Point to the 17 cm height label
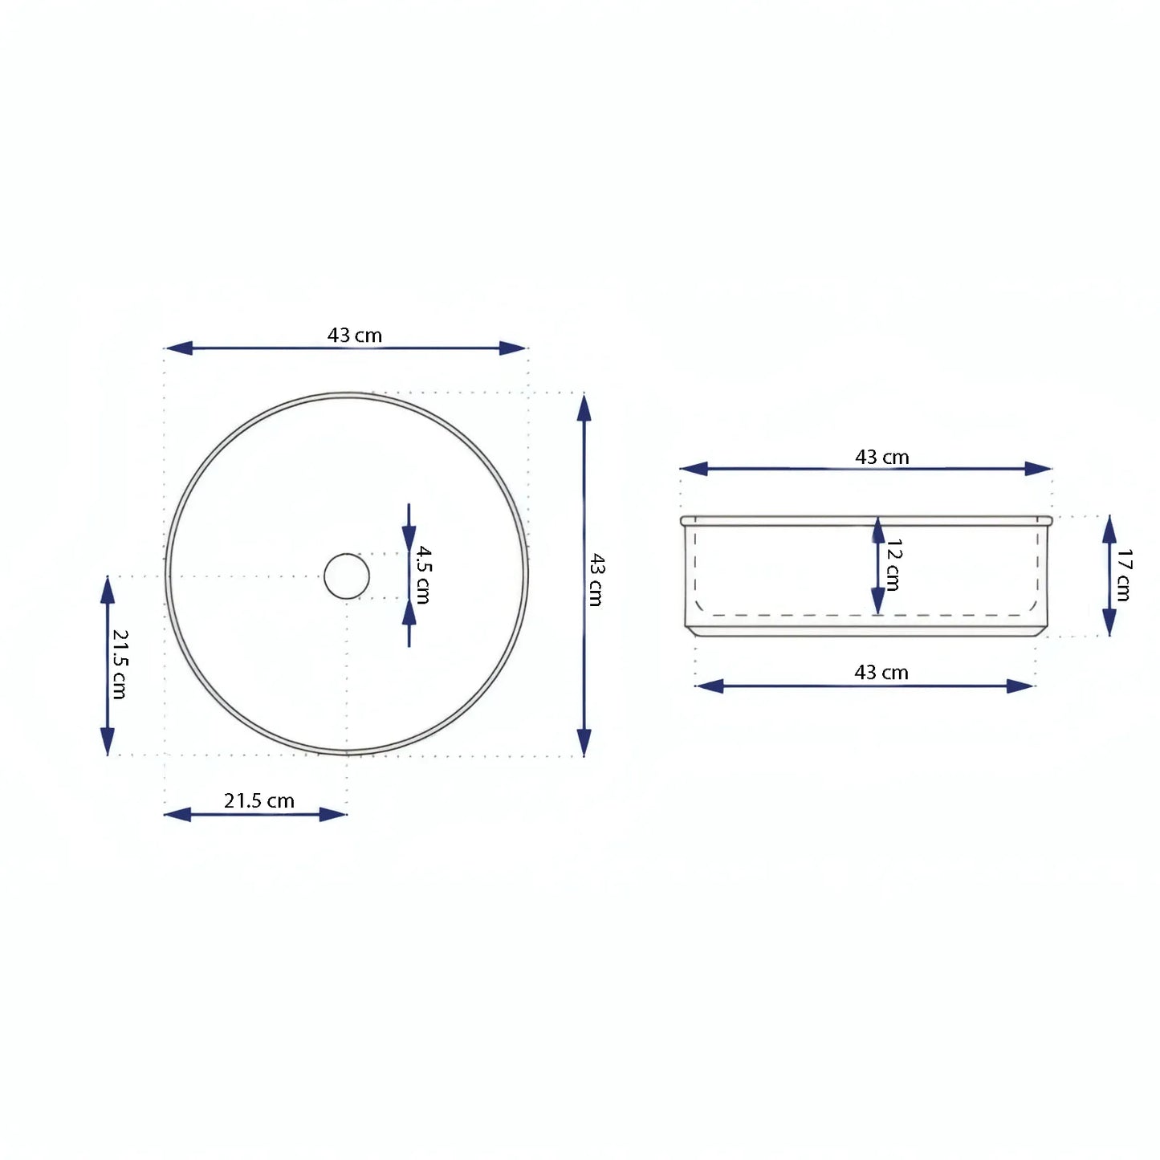tap(1124, 575)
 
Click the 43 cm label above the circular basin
tap(354, 335)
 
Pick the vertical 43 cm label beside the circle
tap(596, 579)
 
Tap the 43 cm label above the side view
tap(881, 457)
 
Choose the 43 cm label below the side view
tap(881, 672)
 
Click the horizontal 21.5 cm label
tap(258, 800)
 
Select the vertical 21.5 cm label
tap(119, 664)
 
